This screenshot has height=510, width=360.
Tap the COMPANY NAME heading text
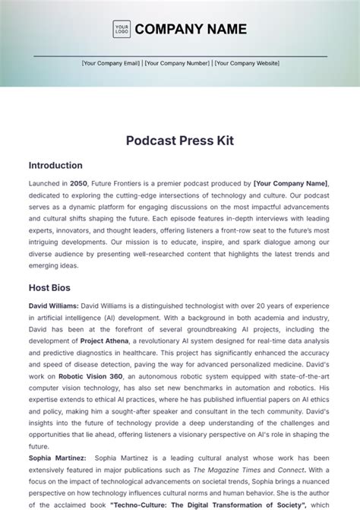click(191, 30)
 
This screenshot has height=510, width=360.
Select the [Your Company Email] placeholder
click(112, 64)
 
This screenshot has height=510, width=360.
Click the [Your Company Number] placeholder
click(178, 64)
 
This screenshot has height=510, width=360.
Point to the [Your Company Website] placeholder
click(248, 64)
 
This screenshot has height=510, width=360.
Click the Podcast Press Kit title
click(180, 140)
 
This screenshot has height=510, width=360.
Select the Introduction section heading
click(55, 165)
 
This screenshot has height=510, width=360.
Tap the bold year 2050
click(78, 183)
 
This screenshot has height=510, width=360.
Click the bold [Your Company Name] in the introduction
click(292, 183)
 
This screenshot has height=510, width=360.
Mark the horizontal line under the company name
click(180, 56)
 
